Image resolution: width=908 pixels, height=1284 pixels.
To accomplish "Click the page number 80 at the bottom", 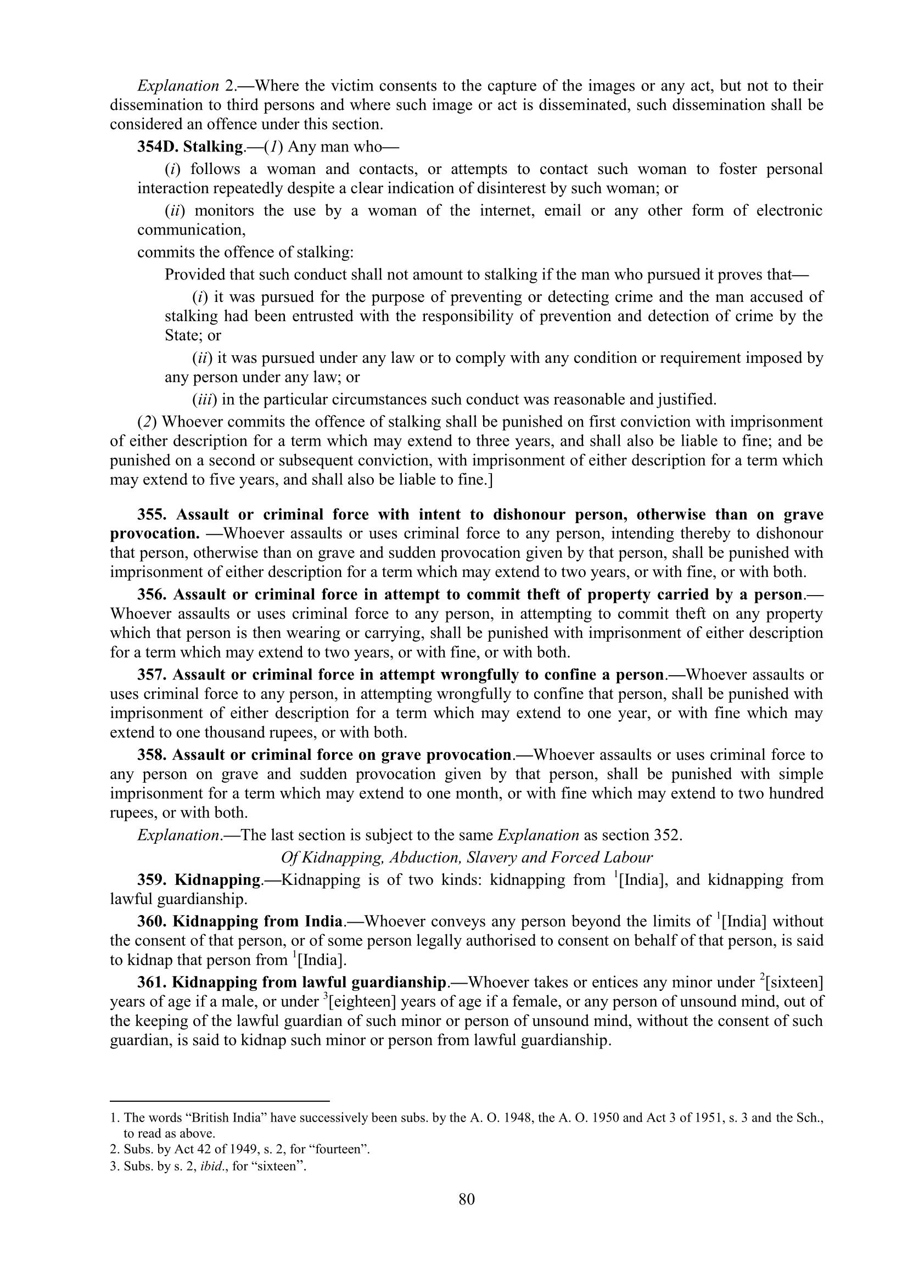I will tap(466, 1199).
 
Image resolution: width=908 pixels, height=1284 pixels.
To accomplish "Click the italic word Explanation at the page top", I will tap(178, 86).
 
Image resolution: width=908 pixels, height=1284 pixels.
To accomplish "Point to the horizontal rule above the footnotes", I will tap(220, 1100).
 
